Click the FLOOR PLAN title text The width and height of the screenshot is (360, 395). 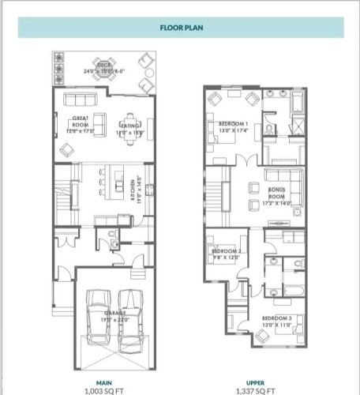point(179,26)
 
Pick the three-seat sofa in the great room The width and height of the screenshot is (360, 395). point(80,100)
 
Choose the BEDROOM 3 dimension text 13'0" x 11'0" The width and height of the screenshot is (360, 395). point(278,325)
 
